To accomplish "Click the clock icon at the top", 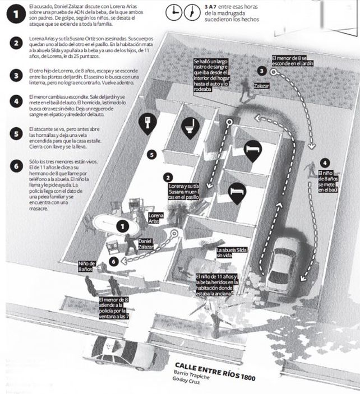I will pyautogui.click(x=176, y=12).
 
